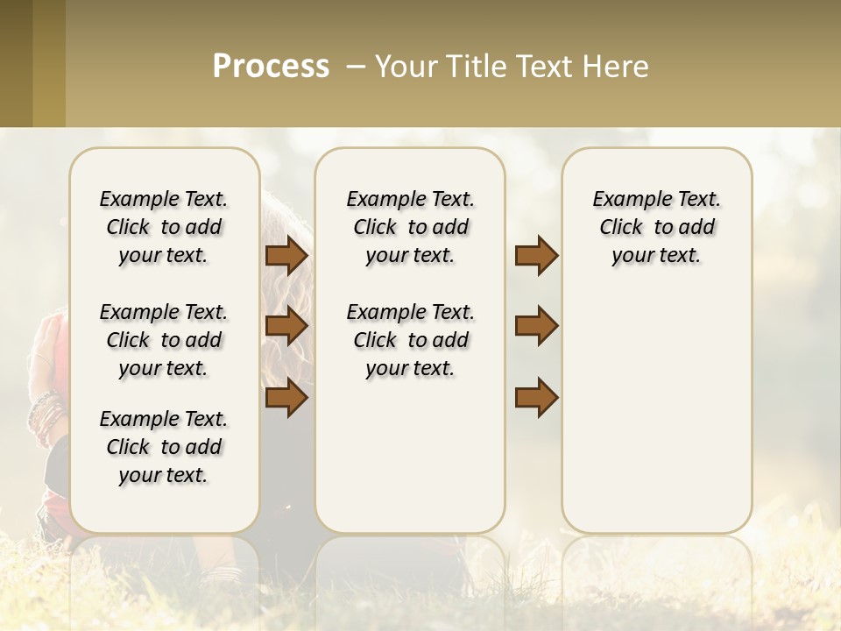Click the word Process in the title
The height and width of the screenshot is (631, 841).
[x=271, y=67]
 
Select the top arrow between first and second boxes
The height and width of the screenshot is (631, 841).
[x=286, y=255]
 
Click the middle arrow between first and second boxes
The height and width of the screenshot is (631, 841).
[x=286, y=326]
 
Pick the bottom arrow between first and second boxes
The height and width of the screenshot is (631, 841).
[x=286, y=397]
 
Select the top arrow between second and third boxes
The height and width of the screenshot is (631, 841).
[x=536, y=255]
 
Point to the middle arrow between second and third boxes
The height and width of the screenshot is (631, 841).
[x=536, y=326]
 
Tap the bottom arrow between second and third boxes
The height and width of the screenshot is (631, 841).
[x=536, y=397]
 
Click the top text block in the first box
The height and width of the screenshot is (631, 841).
[x=164, y=227]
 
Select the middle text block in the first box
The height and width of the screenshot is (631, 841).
[x=164, y=340]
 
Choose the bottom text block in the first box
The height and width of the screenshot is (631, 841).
[x=164, y=447]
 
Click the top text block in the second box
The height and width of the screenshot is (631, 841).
[x=410, y=227]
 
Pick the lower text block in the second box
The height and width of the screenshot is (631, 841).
[x=410, y=340]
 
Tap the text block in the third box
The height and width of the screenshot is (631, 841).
[x=656, y=227]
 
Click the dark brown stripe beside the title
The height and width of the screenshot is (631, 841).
[x=16, y=63]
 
